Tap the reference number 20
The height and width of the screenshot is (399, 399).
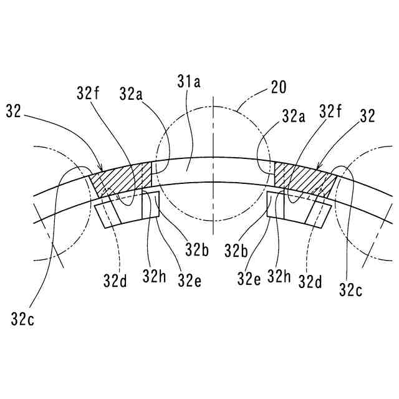pyautogui.click(x=279, y=87)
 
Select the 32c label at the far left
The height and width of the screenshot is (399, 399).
pyautogui.click(x=22, y=320)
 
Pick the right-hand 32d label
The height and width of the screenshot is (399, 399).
pyautogui.click(x=310, y=281)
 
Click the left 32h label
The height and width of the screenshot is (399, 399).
pyautogui.click(x=153, y=275)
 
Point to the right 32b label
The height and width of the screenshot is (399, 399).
pyautogui.click(x=237, y=250)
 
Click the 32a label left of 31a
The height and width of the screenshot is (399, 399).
pyautogui.click(x=131, y=94)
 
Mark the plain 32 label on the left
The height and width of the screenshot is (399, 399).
pyautogui.click(x=14, y=111)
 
